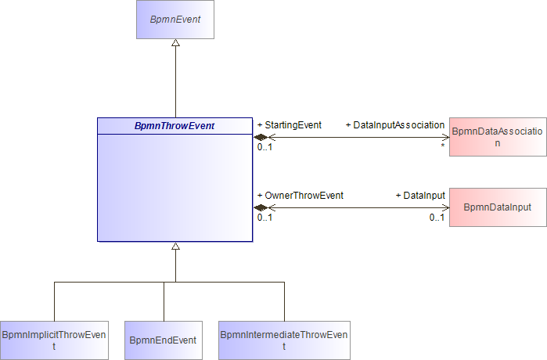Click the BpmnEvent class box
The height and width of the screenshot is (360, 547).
(x=175, y=20)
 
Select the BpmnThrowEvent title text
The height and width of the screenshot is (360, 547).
(x=175, y=126)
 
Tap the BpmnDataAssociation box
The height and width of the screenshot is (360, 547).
(x=498, y=137)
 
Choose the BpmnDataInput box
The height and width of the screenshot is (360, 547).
(x=498, y=207)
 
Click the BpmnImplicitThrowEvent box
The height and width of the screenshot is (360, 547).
(x=54, y=340)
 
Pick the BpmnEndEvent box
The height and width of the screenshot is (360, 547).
(x=164, y=340)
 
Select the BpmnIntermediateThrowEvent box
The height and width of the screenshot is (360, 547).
(x=284, y=340)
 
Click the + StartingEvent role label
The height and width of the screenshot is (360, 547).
(x=290, y=125)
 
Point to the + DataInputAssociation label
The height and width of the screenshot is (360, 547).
(x=395, y=125)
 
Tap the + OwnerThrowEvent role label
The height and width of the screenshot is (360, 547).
(x=300, y=196)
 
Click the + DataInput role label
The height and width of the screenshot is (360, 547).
(x=420, y=196)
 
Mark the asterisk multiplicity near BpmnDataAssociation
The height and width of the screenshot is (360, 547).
(x=443, y=146)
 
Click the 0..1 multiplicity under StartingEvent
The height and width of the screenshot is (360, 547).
(x=265, y=147)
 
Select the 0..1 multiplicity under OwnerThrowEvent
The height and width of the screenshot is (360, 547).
(x=265, y=218)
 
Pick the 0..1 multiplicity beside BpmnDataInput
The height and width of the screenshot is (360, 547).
(x=437, y=218)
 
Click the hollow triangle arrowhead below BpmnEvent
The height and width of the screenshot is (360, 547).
(x=176, y=42)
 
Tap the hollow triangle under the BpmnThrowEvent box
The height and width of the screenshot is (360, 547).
(x=176, y=246)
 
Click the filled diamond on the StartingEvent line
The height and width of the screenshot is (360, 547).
(x=261, y=137)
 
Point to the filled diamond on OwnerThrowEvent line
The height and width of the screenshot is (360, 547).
(x=261, y=208)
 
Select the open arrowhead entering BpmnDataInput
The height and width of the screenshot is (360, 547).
(x=446, y=208)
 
